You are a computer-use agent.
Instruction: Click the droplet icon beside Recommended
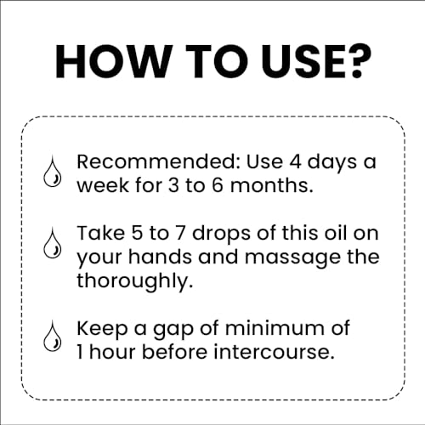[x=49, y=174]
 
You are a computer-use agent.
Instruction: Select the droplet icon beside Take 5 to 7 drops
[x=49, y=246]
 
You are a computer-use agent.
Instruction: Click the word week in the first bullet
[x=101, y=184]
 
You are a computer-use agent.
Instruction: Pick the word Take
[x=100, y=233]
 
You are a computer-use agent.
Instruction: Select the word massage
[x=268, y=256]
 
